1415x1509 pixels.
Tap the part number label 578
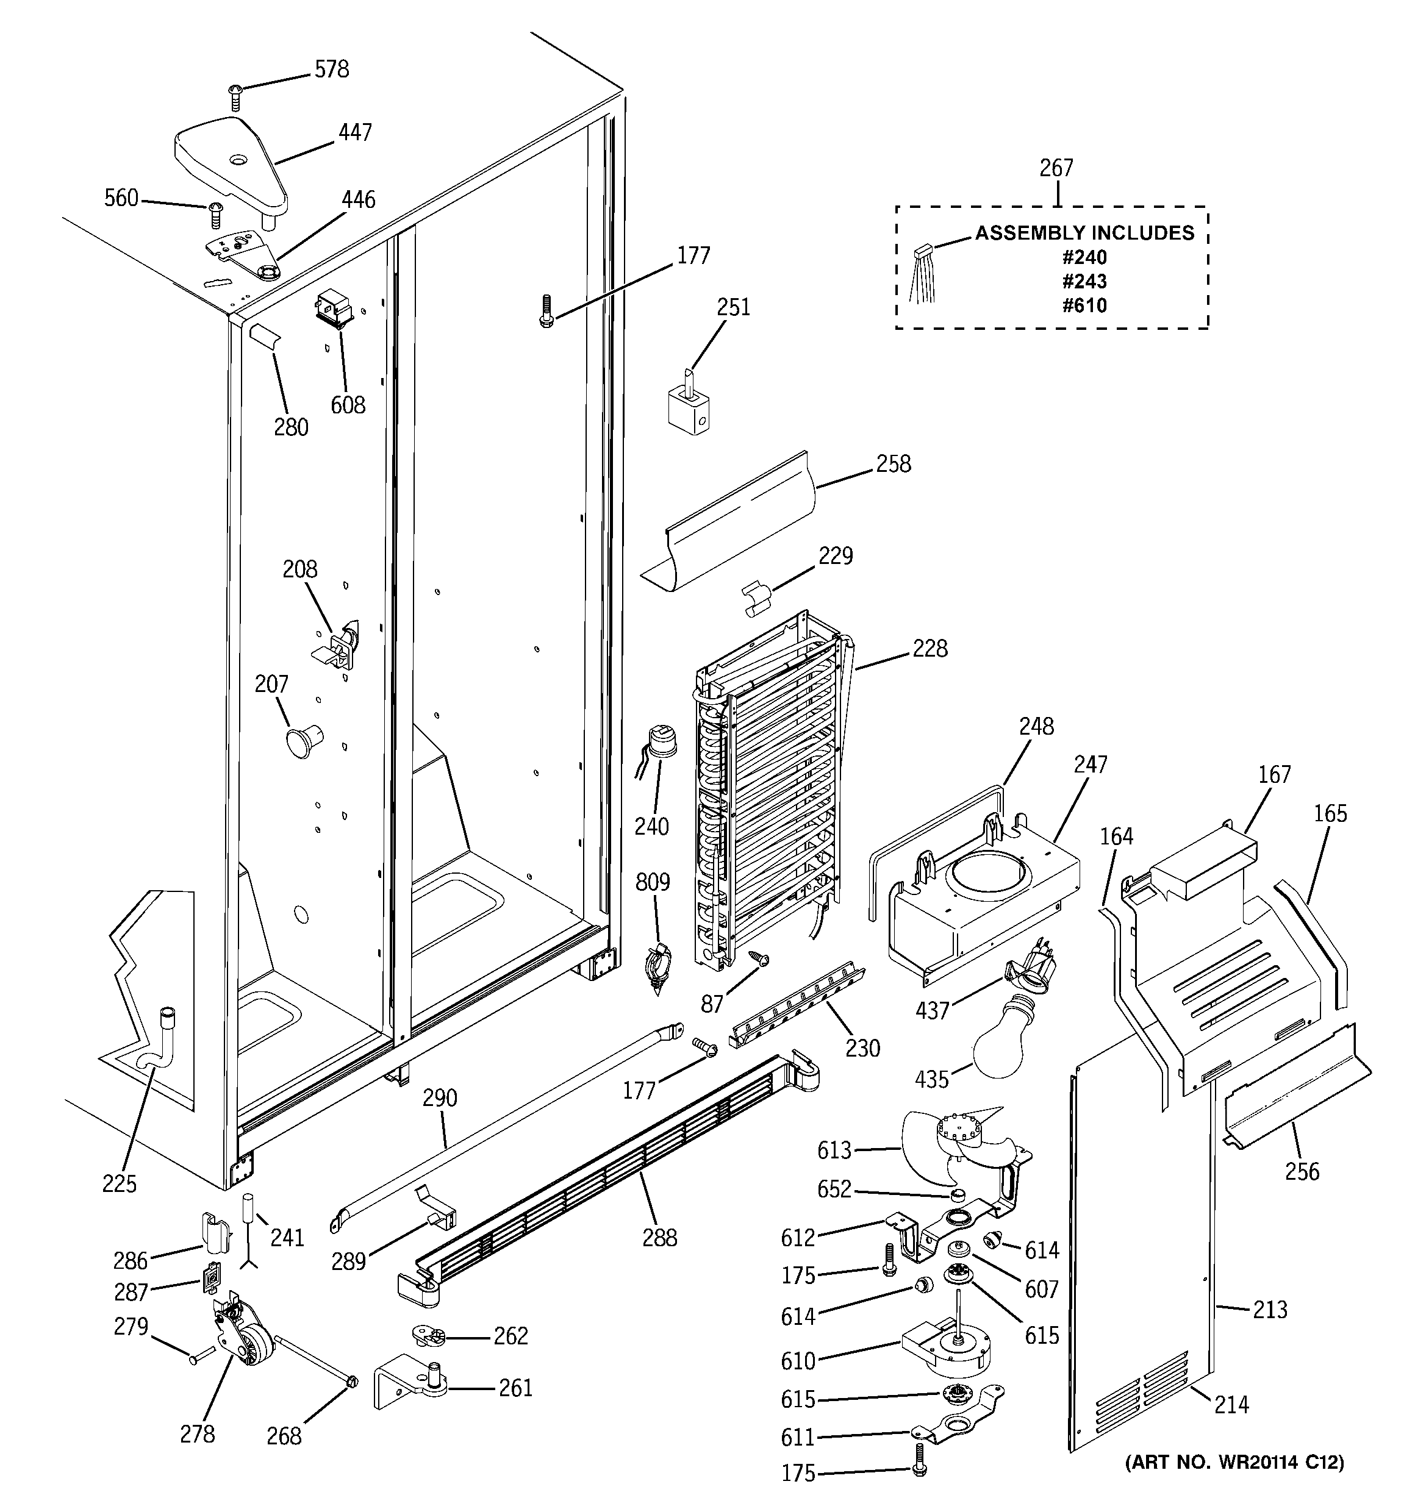coord(332,69)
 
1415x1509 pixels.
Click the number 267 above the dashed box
coord(1056,167)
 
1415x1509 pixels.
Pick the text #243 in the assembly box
coord(1084,282)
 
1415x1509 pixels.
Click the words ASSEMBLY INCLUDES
coord(1084,233)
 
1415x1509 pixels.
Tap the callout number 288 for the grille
coord(659,1238)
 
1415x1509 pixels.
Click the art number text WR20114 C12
coord(1234,1462)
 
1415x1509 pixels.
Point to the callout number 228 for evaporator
coord(930,648)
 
